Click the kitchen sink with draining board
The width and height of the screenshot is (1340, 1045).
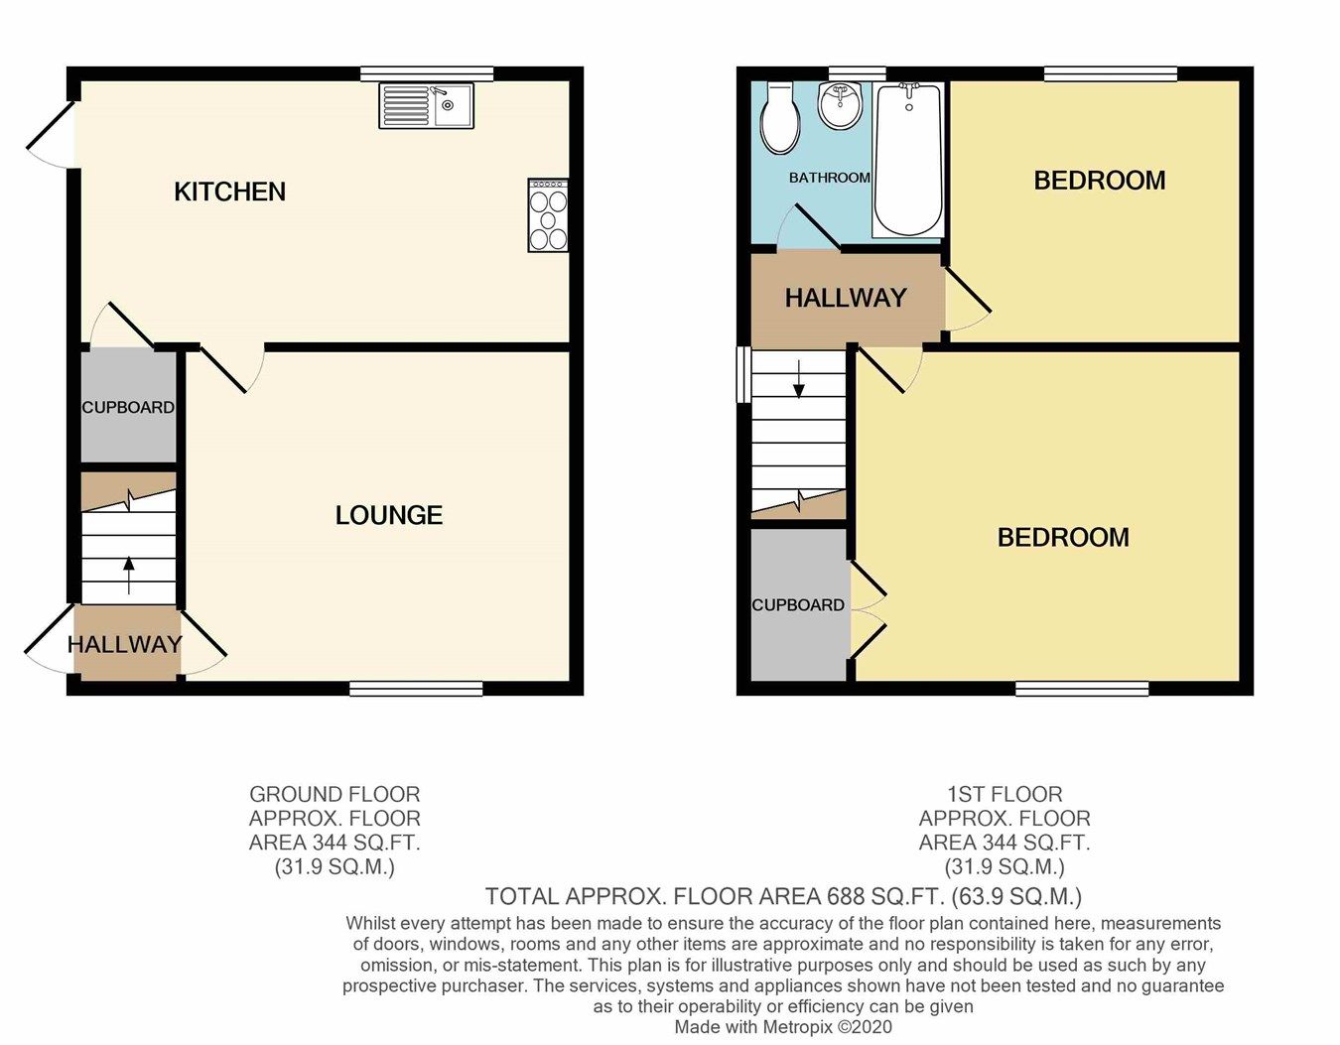click(426, 106)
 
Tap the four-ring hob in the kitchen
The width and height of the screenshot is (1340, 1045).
click(548, 215)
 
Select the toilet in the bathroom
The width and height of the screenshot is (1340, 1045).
click(779, 119)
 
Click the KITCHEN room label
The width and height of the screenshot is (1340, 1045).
click(229, 192)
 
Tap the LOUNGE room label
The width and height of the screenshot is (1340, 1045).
click(388, 515)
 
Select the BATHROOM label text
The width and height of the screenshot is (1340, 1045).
click(829, 178)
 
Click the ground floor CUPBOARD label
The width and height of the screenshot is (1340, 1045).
click(128, 407)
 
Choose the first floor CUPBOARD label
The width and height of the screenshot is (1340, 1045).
click(798, 604)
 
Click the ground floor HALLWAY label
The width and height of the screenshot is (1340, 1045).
click(125, 644)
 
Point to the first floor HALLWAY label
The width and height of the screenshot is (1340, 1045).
click(846, 298)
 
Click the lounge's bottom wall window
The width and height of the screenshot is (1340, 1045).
click(416, 688)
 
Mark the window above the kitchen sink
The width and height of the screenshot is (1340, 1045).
click(427, 73)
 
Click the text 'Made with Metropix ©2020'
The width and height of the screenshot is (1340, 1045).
click(783, 1027)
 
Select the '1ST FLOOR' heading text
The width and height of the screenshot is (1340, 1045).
click(1005, 794)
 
